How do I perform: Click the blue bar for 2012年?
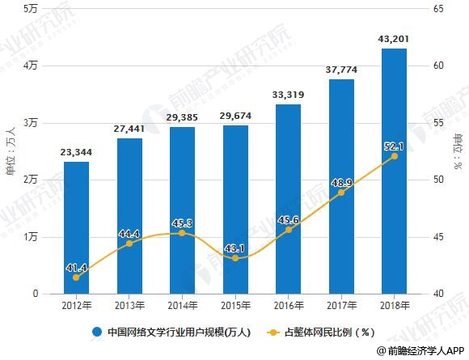77,227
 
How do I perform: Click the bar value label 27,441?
129,129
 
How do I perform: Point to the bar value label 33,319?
288,95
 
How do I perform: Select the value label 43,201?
393,38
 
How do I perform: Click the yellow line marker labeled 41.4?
77,277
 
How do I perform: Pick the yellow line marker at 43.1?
234,258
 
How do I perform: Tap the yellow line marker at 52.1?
393,156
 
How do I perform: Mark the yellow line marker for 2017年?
340,193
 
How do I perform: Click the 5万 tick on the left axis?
32,8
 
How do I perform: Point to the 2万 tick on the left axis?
32,180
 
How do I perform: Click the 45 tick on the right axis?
438,237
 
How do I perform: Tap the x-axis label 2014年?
182,306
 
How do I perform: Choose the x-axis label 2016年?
288,306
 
